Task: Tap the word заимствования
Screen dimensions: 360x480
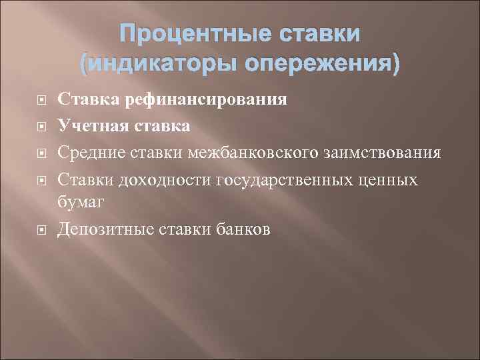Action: [x=381, y=153]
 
